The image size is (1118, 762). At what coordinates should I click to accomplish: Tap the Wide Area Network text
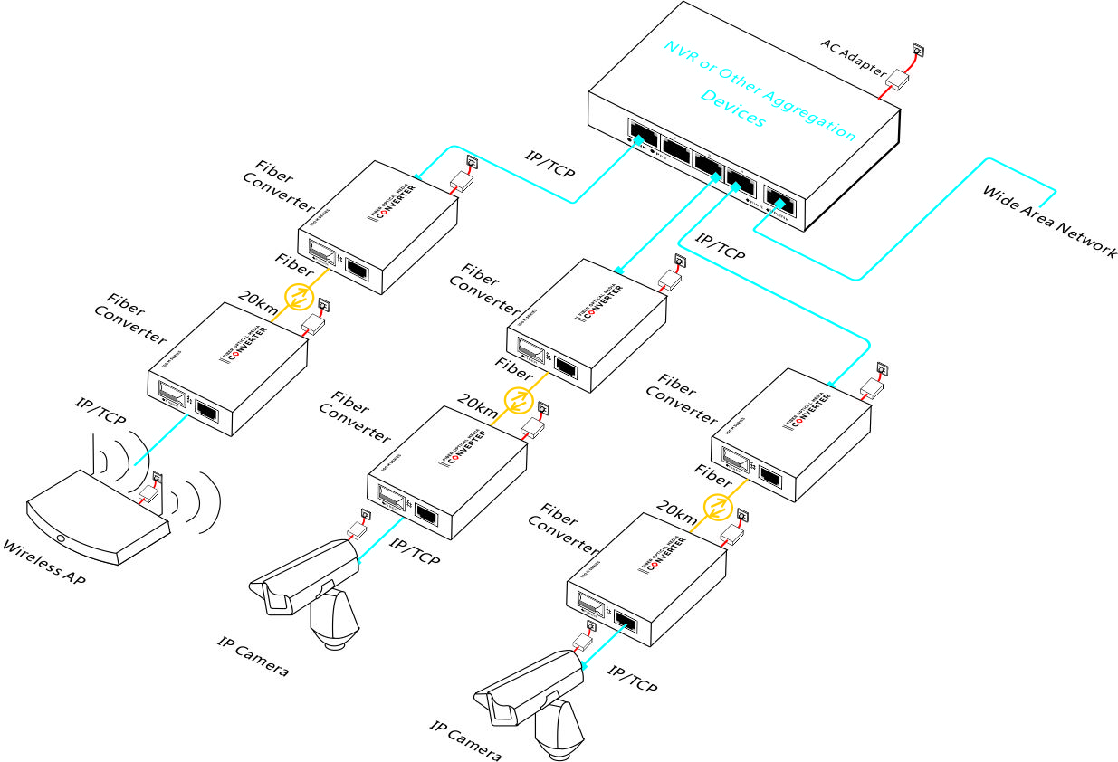(x=1049, y=222)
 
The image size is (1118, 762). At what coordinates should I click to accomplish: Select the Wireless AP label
(x=44, y=561)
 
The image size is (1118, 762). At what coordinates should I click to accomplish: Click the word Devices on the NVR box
(x=732, y=108)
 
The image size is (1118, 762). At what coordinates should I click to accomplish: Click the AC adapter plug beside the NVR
(x=897, y=79)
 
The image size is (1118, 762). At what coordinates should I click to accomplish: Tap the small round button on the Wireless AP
(x=61, y=538)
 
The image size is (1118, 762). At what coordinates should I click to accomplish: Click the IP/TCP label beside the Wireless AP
(x=100, y=411)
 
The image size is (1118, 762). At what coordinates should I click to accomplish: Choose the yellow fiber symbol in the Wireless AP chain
(x=299, y=295)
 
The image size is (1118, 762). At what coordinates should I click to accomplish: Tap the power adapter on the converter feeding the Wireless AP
(x=313, y=324)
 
